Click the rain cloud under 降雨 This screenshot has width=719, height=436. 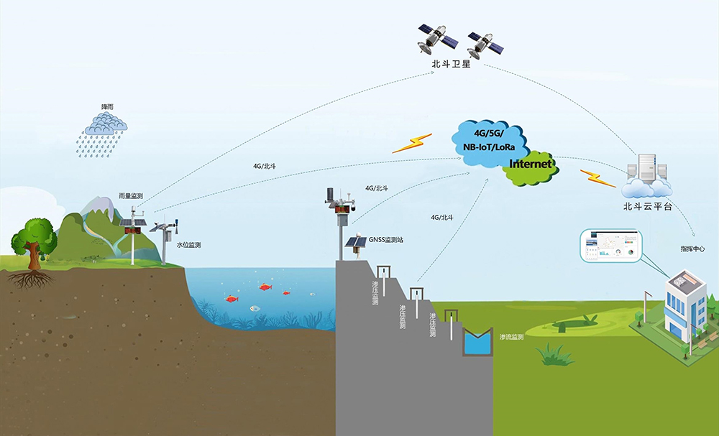pos(106,126)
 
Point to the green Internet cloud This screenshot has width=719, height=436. pos(531,167)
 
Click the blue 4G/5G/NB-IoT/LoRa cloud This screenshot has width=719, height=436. pos(490,141)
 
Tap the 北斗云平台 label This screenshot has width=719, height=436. pos(648,206)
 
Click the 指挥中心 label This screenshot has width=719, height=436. pos(692,249)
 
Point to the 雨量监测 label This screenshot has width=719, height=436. pos(131,195)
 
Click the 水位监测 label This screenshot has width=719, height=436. pos(188,245)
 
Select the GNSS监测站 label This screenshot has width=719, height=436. pos(384,240)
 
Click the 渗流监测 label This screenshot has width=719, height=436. pos(511,336)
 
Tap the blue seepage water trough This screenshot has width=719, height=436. pos(476,342)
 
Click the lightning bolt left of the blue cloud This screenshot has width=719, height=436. pos(412,143)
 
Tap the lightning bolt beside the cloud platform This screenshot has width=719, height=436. pos(598,177)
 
